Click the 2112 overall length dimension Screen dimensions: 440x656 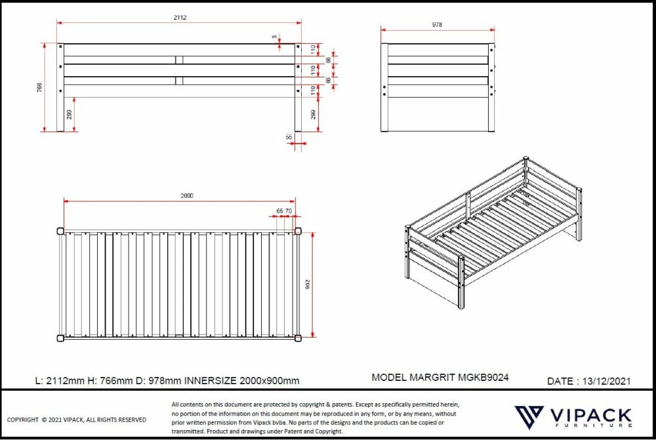tap(180, 18)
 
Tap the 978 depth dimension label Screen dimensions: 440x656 tap(438, 25)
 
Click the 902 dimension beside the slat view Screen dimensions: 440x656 tap(308, 284)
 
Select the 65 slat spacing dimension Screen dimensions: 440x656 tap(279, 210)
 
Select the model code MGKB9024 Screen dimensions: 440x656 tap(484, 378)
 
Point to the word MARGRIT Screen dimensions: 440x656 tap(432, 378)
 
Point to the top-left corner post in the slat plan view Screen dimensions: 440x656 tap(60, 230)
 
